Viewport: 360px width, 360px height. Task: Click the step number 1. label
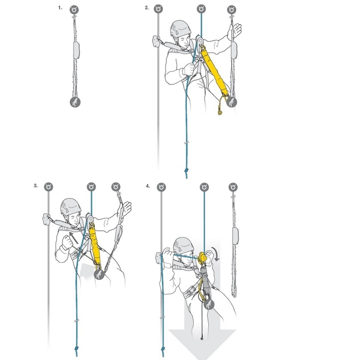click(x=60, y=7)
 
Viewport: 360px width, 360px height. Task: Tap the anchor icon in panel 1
click(x=74, y=9)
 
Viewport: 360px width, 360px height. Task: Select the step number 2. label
click(x=147, y=7)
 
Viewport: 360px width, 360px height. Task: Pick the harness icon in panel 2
click(x=232, y=102)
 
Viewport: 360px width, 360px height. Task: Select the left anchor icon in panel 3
click(x=49, y=187)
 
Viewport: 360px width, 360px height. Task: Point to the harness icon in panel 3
click(x=99, y=274)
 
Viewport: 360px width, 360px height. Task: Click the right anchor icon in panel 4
click(x=233, y=187)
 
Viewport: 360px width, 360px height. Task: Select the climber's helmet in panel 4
click(x=183, y=245)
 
